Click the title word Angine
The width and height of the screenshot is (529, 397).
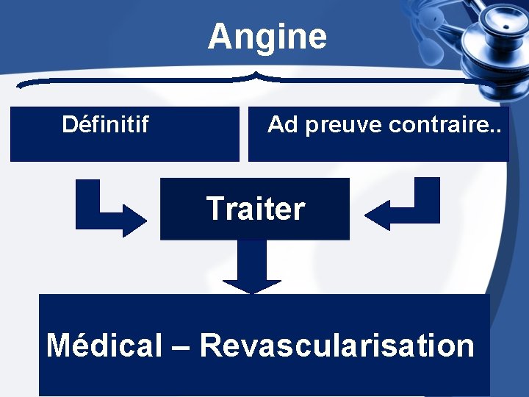[x=267, y=37]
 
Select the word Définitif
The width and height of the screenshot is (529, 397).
[x=105, y=124]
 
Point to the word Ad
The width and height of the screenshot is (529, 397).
[x=283, y=124]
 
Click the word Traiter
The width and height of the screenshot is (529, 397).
[x=255, y=209]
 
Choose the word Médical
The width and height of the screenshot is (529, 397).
[x=104, y=345]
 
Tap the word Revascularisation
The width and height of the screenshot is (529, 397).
[x=337, y=345]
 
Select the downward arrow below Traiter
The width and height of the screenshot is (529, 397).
[x=251, y=268]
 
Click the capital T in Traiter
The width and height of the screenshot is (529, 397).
[x=215, y=209]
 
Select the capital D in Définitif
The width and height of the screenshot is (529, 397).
[x=70, y=124]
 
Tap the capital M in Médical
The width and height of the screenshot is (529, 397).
[x=60, y=345]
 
